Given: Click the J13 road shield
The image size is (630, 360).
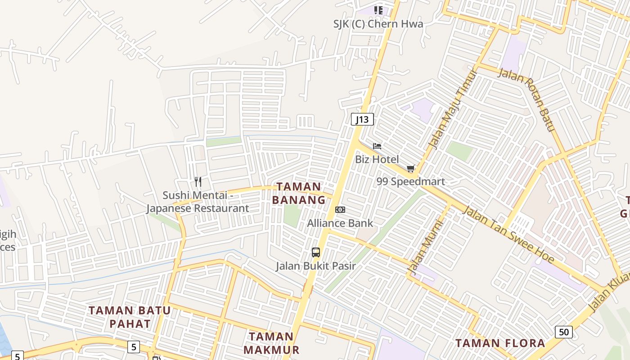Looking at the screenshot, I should click(x=362, y=119).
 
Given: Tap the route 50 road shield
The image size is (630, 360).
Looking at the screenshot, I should click(x=564, y=332).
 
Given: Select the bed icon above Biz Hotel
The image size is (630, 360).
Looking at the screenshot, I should click(x=377, y=146).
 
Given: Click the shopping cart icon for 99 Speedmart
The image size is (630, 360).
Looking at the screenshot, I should click(x=410, y=169).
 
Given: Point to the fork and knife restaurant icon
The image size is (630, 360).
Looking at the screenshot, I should click(x=198, y=182).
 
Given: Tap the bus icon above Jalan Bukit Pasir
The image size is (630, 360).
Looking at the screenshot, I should click(x=316, y=252).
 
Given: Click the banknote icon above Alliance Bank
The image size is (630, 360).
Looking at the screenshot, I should click(x=340, y=210).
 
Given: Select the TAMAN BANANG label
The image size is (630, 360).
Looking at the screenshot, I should click(x=299, y=193).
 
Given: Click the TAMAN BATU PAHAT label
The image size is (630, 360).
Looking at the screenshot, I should click(x=130, y=317).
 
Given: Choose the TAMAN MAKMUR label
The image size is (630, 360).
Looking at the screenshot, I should click(x=271, y=343).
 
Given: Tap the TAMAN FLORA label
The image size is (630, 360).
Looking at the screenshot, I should click(x=500, y=343).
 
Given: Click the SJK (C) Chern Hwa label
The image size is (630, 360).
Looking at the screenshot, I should click(x=378, y=24).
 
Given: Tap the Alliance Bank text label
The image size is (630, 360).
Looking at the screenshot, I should click(x=340, y=223).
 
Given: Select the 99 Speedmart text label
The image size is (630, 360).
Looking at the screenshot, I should click(x=410, y=181).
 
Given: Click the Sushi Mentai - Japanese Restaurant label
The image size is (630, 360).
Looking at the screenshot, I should click(x=198, y=202).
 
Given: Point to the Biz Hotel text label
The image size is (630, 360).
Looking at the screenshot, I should click(x=377, y=159).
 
